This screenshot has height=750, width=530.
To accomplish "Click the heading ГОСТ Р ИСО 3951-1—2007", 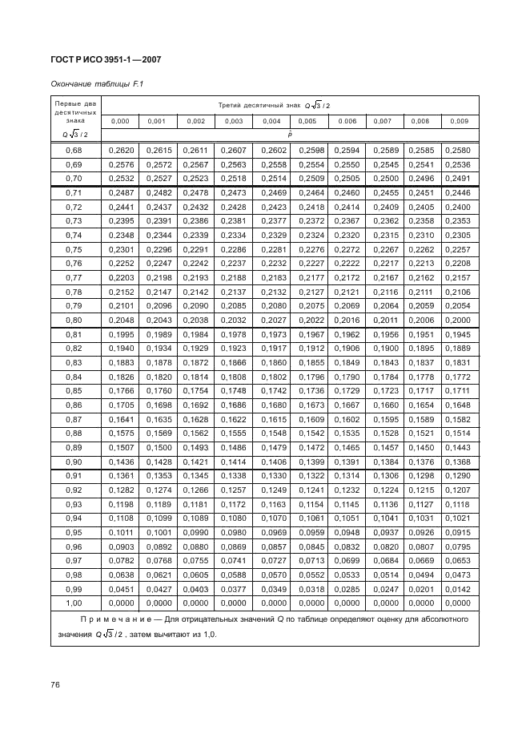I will pos(106,59).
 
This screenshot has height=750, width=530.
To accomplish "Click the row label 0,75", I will pos(74,248).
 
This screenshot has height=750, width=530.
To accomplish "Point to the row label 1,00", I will pos(74,603).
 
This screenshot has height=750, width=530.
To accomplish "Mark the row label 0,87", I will pos(74,418).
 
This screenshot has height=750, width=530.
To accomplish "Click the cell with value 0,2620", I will pos(119,150).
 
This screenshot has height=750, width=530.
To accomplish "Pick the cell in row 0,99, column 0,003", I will pos(234,589).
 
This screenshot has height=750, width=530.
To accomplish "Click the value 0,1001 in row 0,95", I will pos(157,532).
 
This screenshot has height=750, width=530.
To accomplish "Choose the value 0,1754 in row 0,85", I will pos(196,390).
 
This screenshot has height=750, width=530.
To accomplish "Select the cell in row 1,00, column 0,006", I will pos(347,603).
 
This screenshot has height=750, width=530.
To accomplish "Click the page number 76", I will pos(56,685).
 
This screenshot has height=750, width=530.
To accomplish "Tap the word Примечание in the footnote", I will pos(122,619).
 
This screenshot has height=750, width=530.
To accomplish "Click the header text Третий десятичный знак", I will pos(251,105).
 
